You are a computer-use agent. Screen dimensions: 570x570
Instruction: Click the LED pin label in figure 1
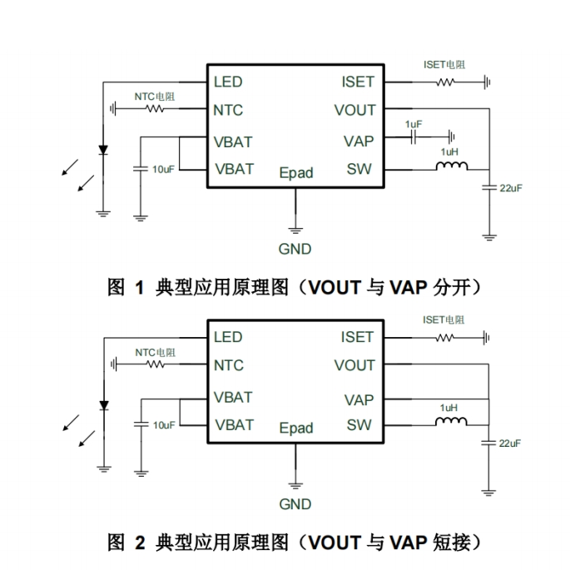(x=228, y=82)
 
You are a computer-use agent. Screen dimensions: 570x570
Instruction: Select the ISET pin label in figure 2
(x=358, y=337)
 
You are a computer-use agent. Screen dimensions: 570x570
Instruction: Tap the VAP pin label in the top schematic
(x=359, y=141)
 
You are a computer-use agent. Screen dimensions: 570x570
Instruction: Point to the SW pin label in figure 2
(x=359, y=425)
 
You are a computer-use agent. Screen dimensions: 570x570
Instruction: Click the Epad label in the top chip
(x=296, y=173)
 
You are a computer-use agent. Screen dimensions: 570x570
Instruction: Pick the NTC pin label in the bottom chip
(x=228, y=365)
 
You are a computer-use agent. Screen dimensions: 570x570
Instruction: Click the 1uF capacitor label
(x=414, y=124)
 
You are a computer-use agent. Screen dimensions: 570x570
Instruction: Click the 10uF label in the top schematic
(x=163, y=170)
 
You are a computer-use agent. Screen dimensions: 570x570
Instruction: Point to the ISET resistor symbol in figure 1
(x=447, y=82)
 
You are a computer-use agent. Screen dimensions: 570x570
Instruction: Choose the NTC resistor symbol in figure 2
(x=156, y=364)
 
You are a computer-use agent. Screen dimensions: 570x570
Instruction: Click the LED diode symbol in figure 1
(x=103, y=151)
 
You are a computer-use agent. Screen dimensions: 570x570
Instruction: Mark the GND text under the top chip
(x=295, y=249)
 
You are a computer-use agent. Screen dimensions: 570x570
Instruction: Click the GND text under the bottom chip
(x=295, y=504)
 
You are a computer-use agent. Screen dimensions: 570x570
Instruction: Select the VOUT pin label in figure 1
(x=355, y=110)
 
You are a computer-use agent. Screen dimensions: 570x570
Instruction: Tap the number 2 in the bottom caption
(x=139, y=544)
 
